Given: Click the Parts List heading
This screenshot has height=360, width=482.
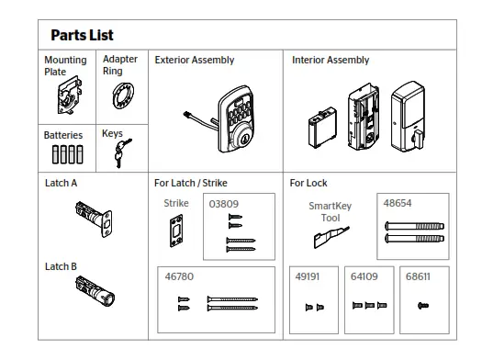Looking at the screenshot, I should [x=82, y=35].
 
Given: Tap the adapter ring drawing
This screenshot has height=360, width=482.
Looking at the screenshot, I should [x=119, y=96].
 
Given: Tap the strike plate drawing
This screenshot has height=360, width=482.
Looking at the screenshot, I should [x=175, y=231].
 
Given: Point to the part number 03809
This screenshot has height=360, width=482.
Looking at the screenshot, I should [x=224, y=204].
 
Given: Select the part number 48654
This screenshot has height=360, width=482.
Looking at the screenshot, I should [x=398, y=203].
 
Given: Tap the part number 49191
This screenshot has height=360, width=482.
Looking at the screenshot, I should [x=308, y=276].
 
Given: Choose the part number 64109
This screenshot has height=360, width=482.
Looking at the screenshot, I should [x=364, y=276].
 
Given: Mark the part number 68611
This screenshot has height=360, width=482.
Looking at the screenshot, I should [x=419, y=276].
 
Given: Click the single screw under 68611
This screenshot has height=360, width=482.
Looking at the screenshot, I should [x=424, y=305].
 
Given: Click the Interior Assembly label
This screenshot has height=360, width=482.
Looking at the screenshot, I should [x=331, y=61].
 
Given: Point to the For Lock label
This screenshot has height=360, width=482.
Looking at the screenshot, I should [x=308, y=183].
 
